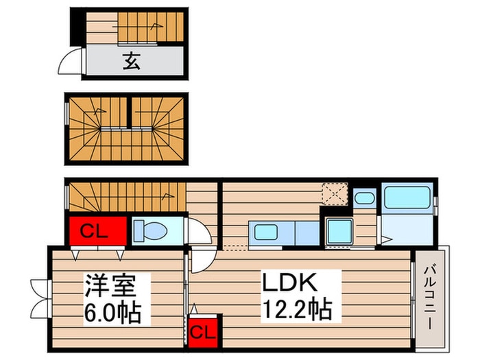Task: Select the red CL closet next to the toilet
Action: [x=97, y=231]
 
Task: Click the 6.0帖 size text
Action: [x=112, y=313]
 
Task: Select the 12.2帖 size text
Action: [x=296, y=309]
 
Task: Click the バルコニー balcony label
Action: [x=431, y=298]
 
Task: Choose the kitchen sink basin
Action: [x=265, y=231]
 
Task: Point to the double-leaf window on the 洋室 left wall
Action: [x=38, y=291]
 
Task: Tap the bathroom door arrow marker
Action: [x=388, y=239]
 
